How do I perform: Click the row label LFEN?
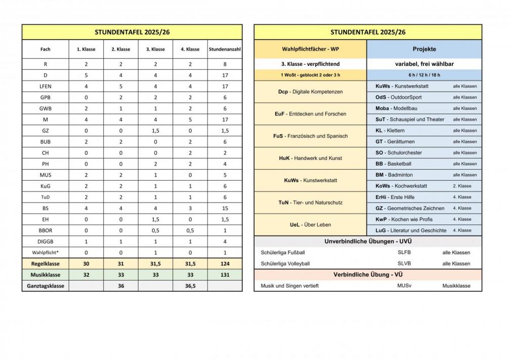pos(45,86)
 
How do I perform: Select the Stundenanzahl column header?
pos(224,49)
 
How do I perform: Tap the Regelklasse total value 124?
pos(224,263)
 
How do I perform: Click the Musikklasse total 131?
pos(224,274)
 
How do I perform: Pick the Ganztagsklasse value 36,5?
pos(190,286)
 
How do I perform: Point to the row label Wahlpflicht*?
pos(45,252)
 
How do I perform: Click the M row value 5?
pos(190,119)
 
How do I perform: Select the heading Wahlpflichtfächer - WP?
pos(310,49)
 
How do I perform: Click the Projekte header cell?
pos(424,49)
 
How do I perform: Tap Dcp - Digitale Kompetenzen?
pos(310,92)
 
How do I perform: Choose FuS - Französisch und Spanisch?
pos(310,136)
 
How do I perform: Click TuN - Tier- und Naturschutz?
pos(310,202)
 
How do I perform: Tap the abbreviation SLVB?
pos(404,263)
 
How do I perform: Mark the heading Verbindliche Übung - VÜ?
pos(368,274)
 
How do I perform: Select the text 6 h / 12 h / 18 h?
pos(424,75)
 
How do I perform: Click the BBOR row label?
pos(45,230)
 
